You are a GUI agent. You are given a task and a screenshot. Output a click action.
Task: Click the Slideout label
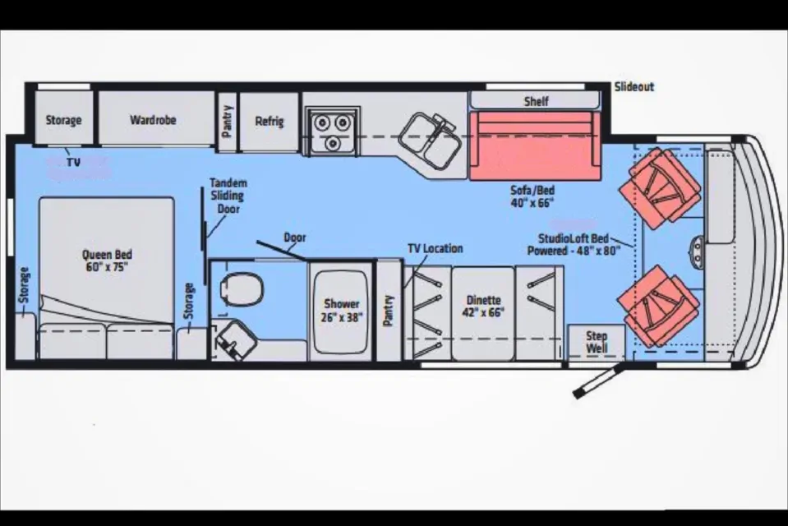coord(634,87)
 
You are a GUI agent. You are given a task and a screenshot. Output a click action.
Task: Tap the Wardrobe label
coord(153,120)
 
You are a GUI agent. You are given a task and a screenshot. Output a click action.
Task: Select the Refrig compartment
coord(270,121)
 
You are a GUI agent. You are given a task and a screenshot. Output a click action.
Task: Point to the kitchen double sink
coord(431,139)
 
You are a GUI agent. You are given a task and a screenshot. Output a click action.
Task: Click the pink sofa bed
coord(535,145)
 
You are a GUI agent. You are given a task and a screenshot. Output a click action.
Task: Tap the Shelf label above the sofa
coord(537,102)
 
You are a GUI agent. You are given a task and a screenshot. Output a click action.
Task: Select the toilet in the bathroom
coord(242,289)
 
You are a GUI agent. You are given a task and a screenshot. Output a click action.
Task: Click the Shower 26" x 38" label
coord(342,311)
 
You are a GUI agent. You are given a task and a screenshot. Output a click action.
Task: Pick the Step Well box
coord(597,342)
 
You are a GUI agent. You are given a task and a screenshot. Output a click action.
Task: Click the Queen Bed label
coord(107,261)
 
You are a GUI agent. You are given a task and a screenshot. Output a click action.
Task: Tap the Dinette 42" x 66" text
coord(483,307)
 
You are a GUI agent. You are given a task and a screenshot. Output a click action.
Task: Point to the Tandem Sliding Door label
coord(228,196)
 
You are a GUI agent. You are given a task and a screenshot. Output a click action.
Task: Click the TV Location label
coord(435,248)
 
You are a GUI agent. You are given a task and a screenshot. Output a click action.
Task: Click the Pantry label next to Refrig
coord(227,121)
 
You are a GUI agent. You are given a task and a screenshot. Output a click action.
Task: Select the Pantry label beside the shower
coord(388,311)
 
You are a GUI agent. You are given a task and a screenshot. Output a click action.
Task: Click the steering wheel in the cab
coord(698,251)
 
